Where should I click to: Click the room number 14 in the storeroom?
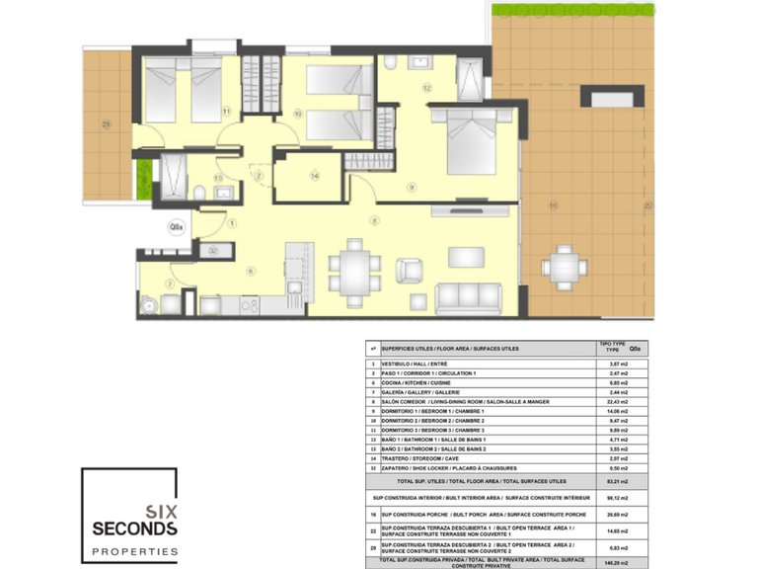tap(315, 176)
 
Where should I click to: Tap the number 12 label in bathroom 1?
tap(426, 88)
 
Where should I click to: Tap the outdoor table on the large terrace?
tap(564, 267)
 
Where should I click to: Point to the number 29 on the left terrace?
tap(106, 123)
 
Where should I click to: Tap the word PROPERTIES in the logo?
tap(134, 551)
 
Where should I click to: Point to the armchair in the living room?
tap(409, 269)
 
